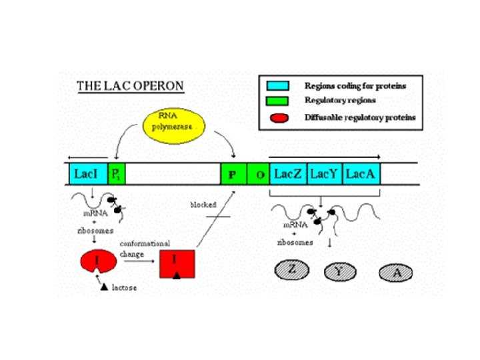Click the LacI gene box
[87, 175]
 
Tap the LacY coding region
[325, 175]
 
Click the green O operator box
[258, 175]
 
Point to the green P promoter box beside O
[233, 175]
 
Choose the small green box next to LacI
[115, 175]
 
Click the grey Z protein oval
[290, 271]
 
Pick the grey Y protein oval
[341, 271]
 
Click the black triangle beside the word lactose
[103, 287]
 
